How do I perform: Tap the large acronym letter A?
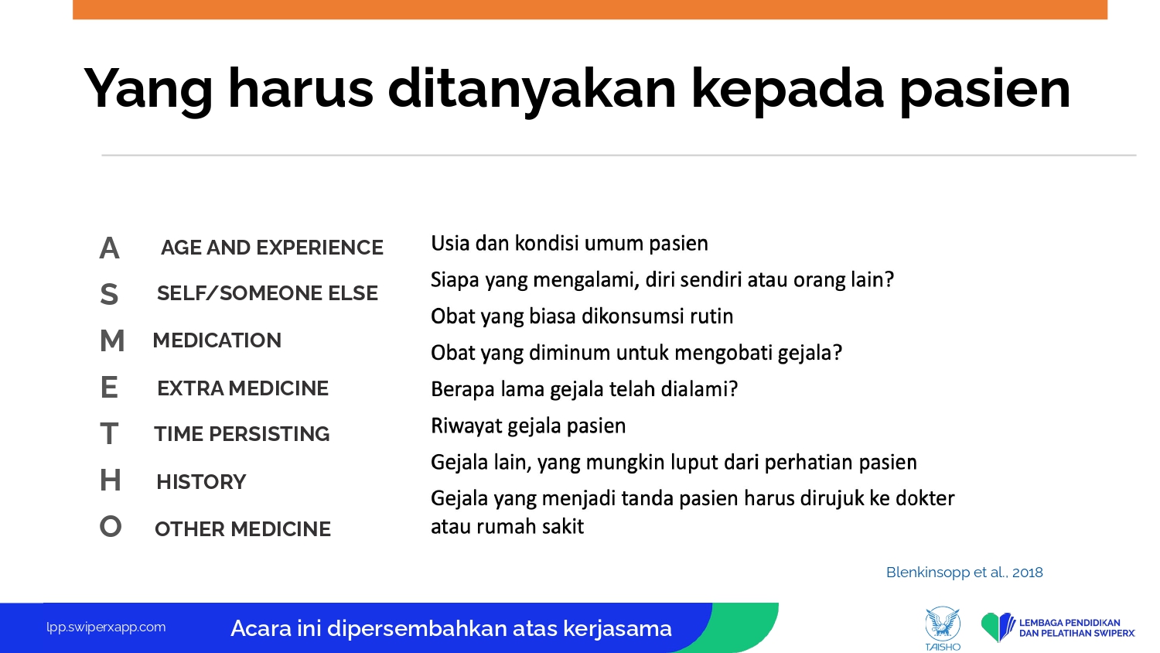[109, 248]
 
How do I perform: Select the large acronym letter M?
[112, 340]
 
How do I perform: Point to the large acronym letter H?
[111, 480]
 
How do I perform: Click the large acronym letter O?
[111, 527]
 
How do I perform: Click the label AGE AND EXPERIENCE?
[272, 248]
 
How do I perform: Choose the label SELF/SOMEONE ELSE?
[268, 293]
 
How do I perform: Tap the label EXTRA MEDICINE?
[242, 388]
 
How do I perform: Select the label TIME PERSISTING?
[241, 434]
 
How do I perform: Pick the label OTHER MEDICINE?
[242, 529]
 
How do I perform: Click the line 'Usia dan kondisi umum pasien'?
[569, 244]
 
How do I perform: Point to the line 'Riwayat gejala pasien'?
[528, 426]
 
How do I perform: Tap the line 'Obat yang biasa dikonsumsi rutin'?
[582, 316]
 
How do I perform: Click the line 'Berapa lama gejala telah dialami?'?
[584, 389]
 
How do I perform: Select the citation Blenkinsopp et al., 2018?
[964, 573]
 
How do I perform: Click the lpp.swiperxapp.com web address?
[106, 627]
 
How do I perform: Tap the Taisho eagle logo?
[943, 629]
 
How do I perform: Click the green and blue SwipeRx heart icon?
[998, 627]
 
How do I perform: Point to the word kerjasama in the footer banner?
[617, 629]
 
